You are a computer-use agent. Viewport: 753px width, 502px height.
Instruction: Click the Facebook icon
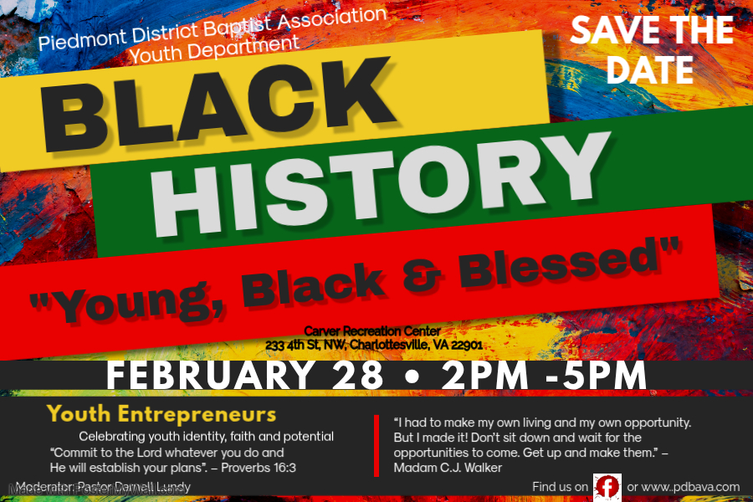(x=607, y=486)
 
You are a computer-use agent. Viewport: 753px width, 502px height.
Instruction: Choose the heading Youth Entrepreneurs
(x=161, y=414)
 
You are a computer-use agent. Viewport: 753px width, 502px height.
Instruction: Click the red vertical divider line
(x=376, y=443)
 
